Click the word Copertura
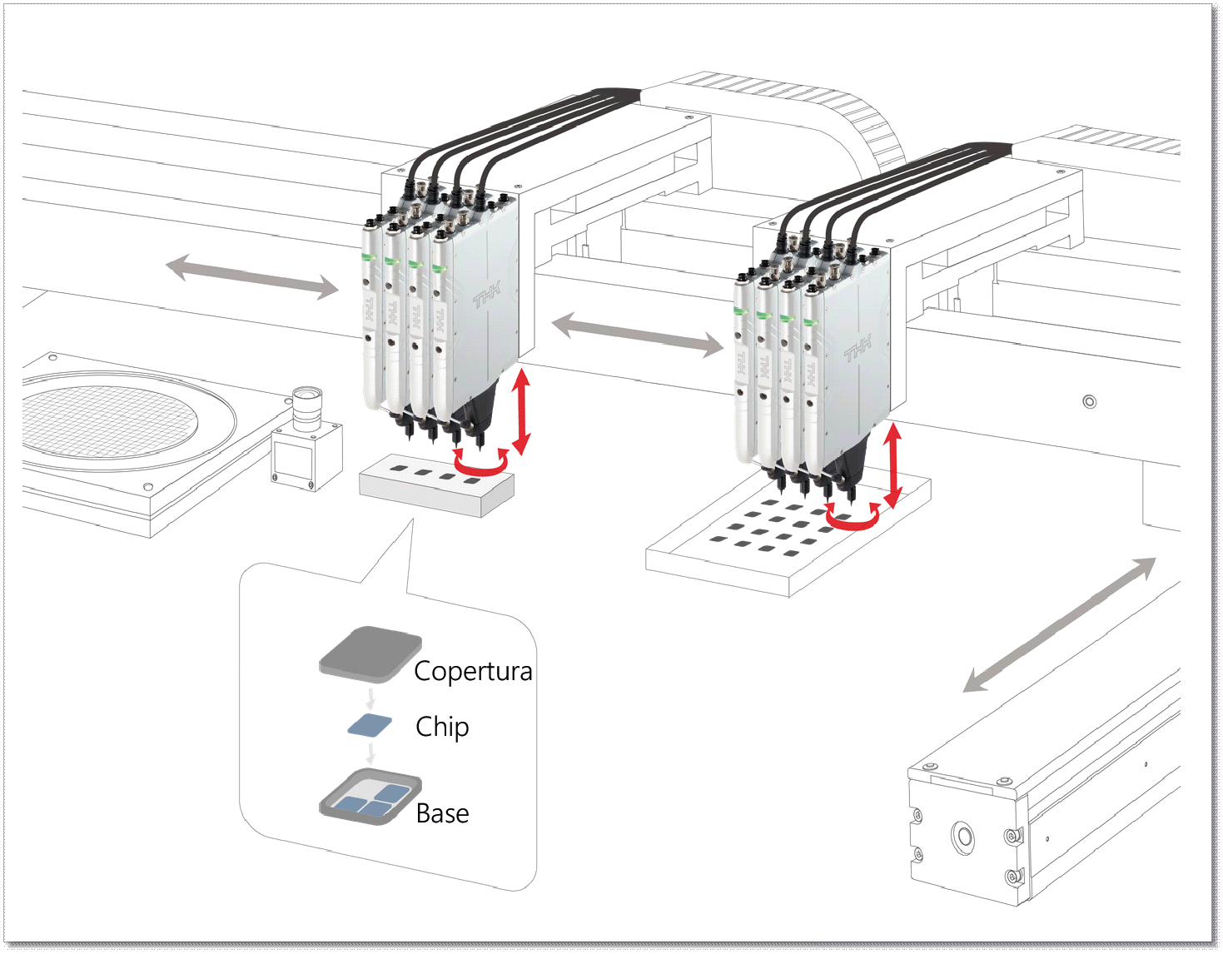coord(472,671)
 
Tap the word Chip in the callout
coord(442,727)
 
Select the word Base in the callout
coord(442,813)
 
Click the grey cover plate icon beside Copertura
coord(370,653)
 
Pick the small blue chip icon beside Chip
coord(370,725)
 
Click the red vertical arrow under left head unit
coord(521,411)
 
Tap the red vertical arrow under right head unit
coord(892,465)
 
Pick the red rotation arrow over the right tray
coord(853,518)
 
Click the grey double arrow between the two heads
coord(637,335)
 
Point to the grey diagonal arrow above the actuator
coord(1060,624)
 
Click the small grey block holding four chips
coord(436,485)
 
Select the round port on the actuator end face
coord(965,835)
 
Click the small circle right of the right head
coord(1089,402)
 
